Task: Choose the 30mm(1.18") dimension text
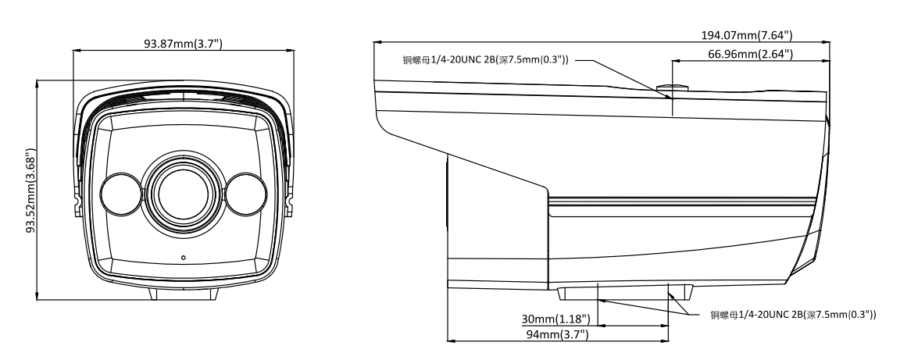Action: tap(556, 319)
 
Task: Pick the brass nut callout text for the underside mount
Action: tap(792, 315)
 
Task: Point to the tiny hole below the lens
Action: tap(184, 257)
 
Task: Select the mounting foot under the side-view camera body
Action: tap(625, 291)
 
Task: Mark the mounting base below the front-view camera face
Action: tap(184, 295)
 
